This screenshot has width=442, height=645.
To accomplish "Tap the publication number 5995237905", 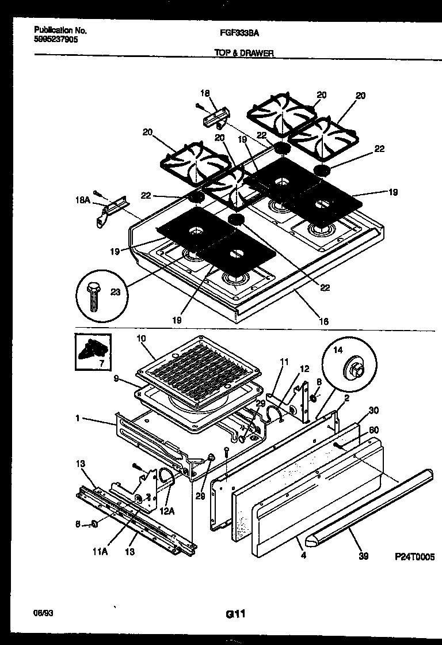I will (x=56, y=40).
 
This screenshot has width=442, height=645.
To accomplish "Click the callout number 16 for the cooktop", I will (x=323, y=321).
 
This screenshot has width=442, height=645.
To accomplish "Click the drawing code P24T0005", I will (x=414, y=557).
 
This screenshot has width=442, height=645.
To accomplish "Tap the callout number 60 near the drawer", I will (x=374, y=430).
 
